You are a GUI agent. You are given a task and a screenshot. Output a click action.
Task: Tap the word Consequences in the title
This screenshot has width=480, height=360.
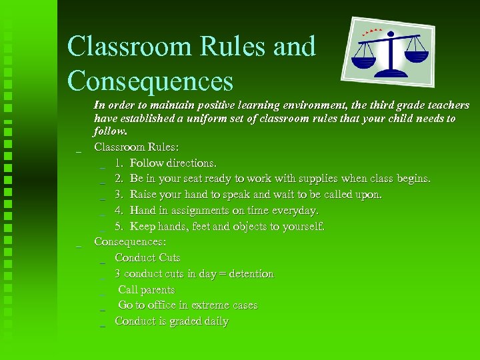151,81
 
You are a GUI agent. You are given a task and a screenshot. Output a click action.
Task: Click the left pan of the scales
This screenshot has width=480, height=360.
364,61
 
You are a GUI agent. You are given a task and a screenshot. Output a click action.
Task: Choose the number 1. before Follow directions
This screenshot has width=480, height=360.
119,163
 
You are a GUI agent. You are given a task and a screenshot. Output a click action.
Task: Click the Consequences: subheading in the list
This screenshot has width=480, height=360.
130,241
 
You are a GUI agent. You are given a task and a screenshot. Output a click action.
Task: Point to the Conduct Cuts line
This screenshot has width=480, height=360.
147,257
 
